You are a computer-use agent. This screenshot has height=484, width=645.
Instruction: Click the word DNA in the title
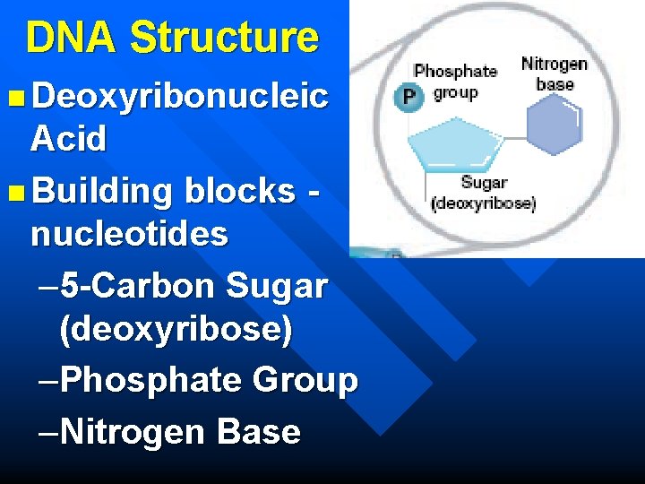pos(73,38)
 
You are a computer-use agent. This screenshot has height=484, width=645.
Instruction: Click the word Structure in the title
pos(224,38)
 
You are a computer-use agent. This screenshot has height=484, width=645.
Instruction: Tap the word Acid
pos(68,139)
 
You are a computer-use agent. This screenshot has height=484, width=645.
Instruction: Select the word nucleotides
pos(129,234)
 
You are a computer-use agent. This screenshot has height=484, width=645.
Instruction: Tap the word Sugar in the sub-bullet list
pos(278,286)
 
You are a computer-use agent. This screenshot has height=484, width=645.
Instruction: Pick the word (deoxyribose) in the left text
pos(176,330)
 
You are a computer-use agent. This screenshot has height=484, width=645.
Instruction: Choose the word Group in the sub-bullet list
pos(305,380)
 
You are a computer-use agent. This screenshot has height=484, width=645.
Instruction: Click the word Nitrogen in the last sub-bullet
pos(134,432)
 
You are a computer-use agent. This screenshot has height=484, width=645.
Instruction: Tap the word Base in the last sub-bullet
pos(259,432)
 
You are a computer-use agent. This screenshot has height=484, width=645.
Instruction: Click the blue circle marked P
pos(410,97)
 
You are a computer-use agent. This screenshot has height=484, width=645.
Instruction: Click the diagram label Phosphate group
pos(455,81)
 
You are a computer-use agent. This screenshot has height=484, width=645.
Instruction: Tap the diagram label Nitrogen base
pos(555,73)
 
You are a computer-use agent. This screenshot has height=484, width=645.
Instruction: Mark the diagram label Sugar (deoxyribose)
pos(483,194)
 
